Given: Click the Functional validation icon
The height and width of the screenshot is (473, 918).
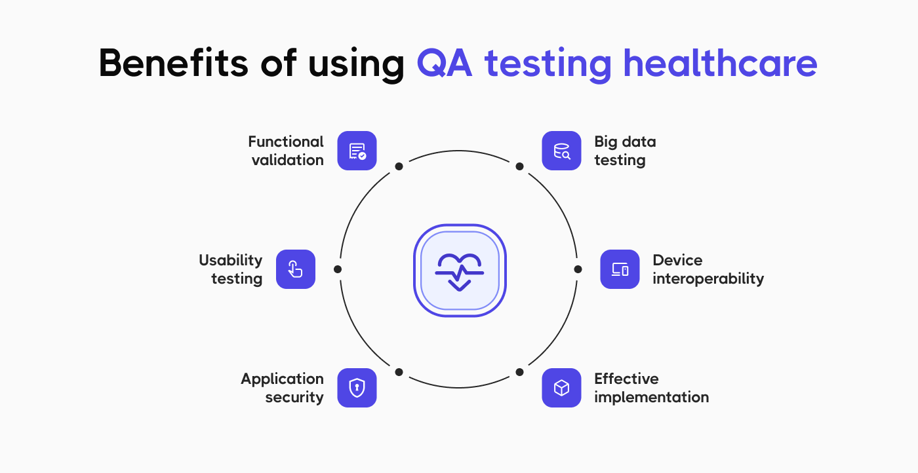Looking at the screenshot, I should [357, 151].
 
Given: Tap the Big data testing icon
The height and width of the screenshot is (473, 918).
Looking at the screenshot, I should [561, 151].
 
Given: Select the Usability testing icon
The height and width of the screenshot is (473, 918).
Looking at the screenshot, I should [296, 269].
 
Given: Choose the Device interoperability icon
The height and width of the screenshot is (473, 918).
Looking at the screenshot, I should [620, 269].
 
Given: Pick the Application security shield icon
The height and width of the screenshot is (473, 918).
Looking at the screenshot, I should [357, 388].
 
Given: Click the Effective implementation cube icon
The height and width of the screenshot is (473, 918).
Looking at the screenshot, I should [561, 388].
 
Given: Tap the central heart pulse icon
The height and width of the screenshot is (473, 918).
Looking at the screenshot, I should [460, 271].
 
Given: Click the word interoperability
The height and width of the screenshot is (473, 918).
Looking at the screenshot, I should [708, 279].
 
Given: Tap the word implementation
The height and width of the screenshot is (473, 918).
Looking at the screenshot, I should [651, 398].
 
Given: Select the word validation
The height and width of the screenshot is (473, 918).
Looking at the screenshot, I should [288, 161].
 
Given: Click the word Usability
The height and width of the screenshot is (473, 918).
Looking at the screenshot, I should [230, 260].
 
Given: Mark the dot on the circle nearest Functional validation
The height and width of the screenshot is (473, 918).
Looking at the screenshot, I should [399, 166].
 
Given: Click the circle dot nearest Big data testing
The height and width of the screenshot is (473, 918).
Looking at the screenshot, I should [519, 166].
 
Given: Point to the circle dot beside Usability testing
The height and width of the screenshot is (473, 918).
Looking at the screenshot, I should [338, 269].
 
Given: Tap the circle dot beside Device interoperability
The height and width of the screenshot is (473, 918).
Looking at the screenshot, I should [578, 269].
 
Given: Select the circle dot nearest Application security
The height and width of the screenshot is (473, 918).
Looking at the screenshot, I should [399, 372].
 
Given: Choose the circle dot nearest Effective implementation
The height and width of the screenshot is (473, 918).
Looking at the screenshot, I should [519, 372].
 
